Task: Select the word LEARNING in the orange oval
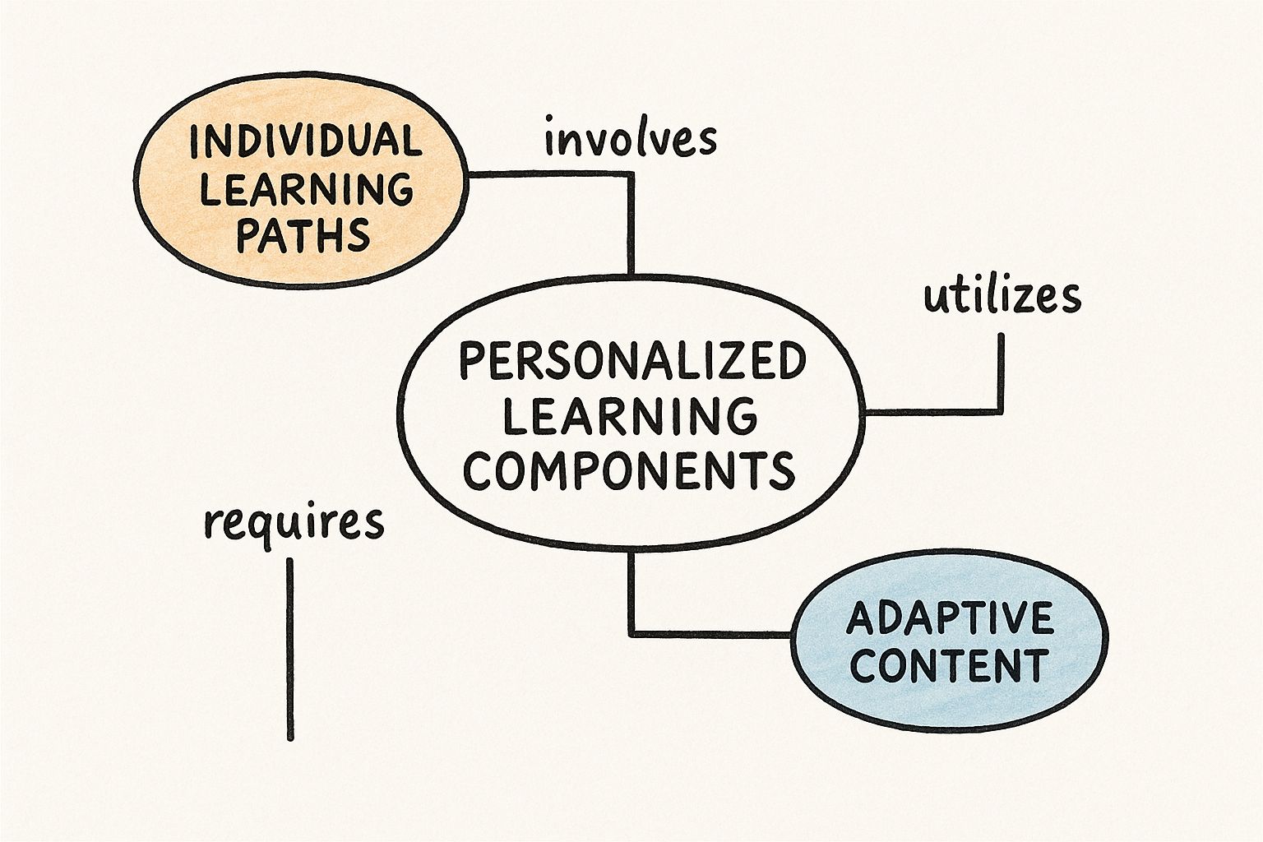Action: (x=307, y=188)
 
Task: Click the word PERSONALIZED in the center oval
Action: (x=631, y=363)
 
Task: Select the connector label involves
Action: (x=630, y=140)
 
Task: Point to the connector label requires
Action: (x=294, y=522)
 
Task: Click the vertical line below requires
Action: (x=289, y=650)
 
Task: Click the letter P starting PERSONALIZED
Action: (x=469, y=363)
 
